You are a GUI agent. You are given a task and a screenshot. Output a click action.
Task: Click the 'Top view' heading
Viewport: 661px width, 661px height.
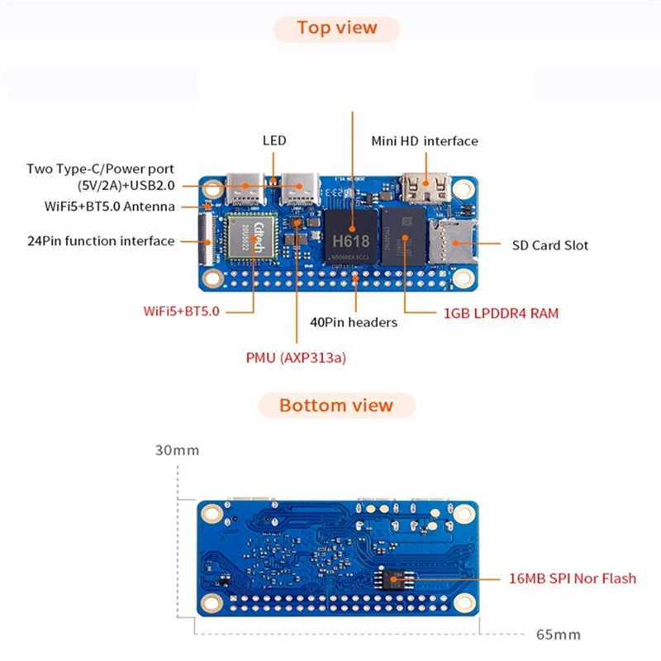(337, 28)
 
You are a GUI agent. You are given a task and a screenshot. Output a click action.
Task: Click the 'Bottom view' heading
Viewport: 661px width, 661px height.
(336, 406)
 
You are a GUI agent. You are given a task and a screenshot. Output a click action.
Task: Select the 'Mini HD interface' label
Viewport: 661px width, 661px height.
(425, 141)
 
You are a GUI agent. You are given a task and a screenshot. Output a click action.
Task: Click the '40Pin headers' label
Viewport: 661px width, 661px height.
(353, 322)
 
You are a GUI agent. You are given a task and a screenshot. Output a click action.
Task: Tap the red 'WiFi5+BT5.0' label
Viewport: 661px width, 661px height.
(181, 312)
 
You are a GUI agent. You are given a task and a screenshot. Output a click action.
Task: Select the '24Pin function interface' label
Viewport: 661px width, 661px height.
(101, 241)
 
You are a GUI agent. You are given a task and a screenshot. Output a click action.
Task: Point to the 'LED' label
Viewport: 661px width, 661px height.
(274, 140)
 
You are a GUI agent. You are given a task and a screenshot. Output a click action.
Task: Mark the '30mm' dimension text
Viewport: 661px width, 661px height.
(177, 451)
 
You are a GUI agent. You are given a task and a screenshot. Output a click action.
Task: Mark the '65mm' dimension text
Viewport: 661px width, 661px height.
(558, 635)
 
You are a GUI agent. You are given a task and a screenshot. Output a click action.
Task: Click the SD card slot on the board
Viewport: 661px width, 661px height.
(451, 240)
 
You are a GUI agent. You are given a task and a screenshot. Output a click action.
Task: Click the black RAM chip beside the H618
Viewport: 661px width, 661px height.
(403, 235)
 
